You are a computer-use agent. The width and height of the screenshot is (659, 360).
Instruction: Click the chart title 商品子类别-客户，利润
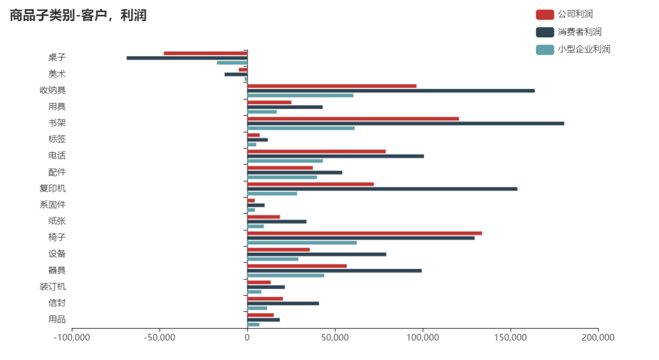pos(78,16)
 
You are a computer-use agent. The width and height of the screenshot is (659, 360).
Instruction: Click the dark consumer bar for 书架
pos(405,123)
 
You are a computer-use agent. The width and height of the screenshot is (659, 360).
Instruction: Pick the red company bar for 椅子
pos(364,233)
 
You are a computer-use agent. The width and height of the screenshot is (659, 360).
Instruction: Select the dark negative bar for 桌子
pos(187,58)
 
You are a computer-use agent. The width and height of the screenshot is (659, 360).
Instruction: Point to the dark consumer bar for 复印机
pos(382,189)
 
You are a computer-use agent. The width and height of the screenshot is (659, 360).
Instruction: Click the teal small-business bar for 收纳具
pos(300,95)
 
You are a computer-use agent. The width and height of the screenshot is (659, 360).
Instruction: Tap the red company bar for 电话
pos(317,152)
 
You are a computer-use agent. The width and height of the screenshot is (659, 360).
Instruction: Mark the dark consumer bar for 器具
pos(334,271)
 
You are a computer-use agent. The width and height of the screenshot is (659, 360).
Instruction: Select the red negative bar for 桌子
pos(206,53)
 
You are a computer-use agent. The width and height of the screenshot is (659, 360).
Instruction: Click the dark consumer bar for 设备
pos(317,254)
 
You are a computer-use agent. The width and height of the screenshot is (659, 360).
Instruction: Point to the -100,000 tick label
pos(71,338)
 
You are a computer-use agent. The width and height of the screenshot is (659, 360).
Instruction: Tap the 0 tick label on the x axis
pos(247,338)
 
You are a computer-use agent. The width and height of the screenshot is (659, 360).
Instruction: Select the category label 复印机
pos(52,189)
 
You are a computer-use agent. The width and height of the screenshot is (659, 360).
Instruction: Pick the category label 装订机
pos(52,287)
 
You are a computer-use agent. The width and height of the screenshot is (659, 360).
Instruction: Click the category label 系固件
pos(52,205)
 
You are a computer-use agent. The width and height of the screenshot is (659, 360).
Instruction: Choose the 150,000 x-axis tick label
pos(510,338)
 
